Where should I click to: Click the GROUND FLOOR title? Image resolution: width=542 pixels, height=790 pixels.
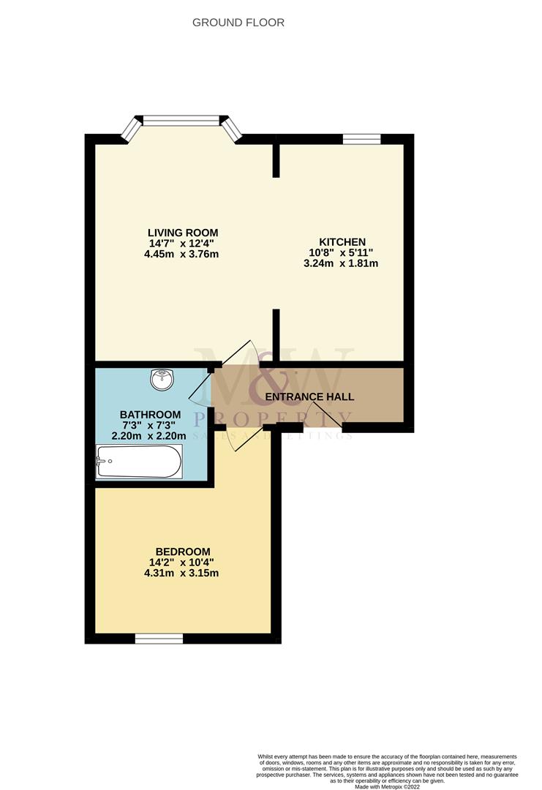(x=238, y=23)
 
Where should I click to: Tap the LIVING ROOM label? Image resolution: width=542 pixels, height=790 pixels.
(x=182, y=233)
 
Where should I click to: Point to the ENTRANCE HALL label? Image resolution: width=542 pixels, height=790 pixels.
(x=309, y=397)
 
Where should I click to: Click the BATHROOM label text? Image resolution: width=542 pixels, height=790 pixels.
(x=150, y=415)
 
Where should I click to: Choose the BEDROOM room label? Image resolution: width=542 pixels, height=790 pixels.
(x=183, y=552)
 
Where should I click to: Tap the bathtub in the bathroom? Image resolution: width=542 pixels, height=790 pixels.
(x=139, y=462)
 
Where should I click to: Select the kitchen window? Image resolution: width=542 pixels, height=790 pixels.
(x=362, y=139)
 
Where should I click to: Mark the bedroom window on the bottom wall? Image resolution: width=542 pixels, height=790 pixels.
(x=159, y=639)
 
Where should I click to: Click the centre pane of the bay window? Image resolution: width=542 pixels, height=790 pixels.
(x=181, y=120)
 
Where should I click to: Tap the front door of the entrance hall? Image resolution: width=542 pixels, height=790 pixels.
(x=330, y=416)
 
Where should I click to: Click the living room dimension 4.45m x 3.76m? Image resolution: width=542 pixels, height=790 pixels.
(x=182, y=255)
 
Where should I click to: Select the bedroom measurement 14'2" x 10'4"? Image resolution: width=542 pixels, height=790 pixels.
(x=183, y=563)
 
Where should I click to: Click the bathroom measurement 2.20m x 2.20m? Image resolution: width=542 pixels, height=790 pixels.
(x=148, y=436)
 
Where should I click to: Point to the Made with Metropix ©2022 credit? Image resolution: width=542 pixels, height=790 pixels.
(x=387, y=786)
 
